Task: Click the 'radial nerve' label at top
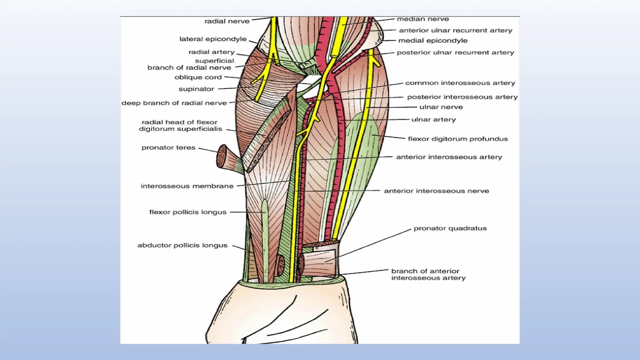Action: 227,21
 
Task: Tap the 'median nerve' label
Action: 423,19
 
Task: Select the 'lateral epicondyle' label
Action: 213,39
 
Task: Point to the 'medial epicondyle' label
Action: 433,41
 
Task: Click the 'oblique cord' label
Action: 198,77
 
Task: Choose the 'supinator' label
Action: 196,89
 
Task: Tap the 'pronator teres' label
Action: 168,147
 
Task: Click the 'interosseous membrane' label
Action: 187,186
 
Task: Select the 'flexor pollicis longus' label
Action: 187,212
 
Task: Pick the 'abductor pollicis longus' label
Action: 182,245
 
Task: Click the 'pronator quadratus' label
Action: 450,228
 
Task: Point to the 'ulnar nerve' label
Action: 441,107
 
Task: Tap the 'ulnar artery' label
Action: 433,120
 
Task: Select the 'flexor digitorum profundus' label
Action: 458,139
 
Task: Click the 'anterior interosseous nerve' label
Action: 436,191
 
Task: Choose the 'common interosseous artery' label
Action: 460,83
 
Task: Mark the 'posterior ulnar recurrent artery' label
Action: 455,52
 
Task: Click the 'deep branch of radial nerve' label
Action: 174,103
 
